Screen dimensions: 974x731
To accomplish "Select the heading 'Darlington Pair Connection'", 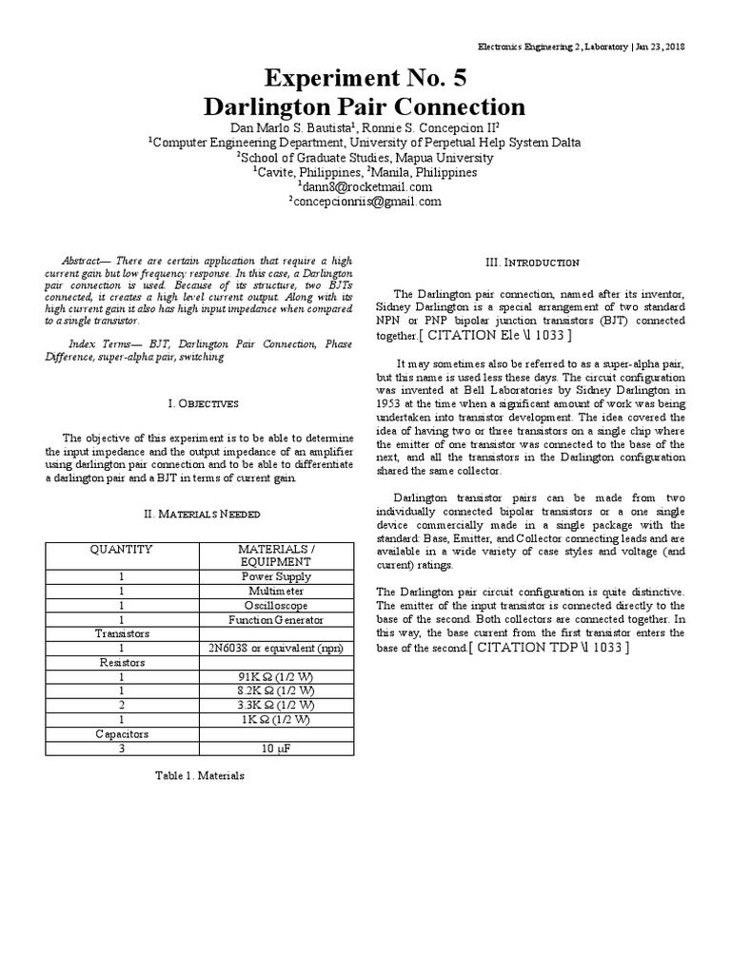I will (365, 107).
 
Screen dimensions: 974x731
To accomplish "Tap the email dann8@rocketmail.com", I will (365, 186).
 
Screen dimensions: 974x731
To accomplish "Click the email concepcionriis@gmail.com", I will (365, 201).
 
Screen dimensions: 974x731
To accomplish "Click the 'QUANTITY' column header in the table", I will (121, 550).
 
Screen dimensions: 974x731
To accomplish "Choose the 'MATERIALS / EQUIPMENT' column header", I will (275, 555).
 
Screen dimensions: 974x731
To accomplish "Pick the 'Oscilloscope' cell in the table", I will (275, 605).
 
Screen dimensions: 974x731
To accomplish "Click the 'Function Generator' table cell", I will (275, 620).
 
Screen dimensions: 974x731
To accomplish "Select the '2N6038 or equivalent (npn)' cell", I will (275, 648).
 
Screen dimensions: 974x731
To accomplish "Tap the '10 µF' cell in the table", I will (275, 749).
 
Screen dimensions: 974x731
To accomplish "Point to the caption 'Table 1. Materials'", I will (200, 775).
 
